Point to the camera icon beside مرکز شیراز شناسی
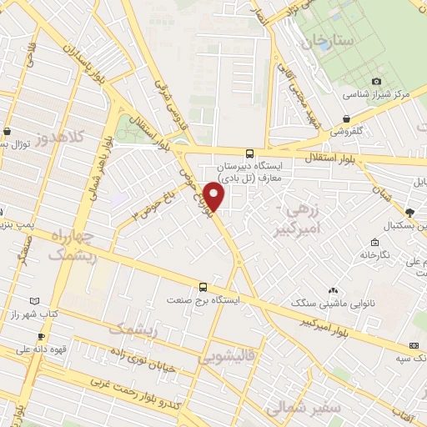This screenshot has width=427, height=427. point(376,81)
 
